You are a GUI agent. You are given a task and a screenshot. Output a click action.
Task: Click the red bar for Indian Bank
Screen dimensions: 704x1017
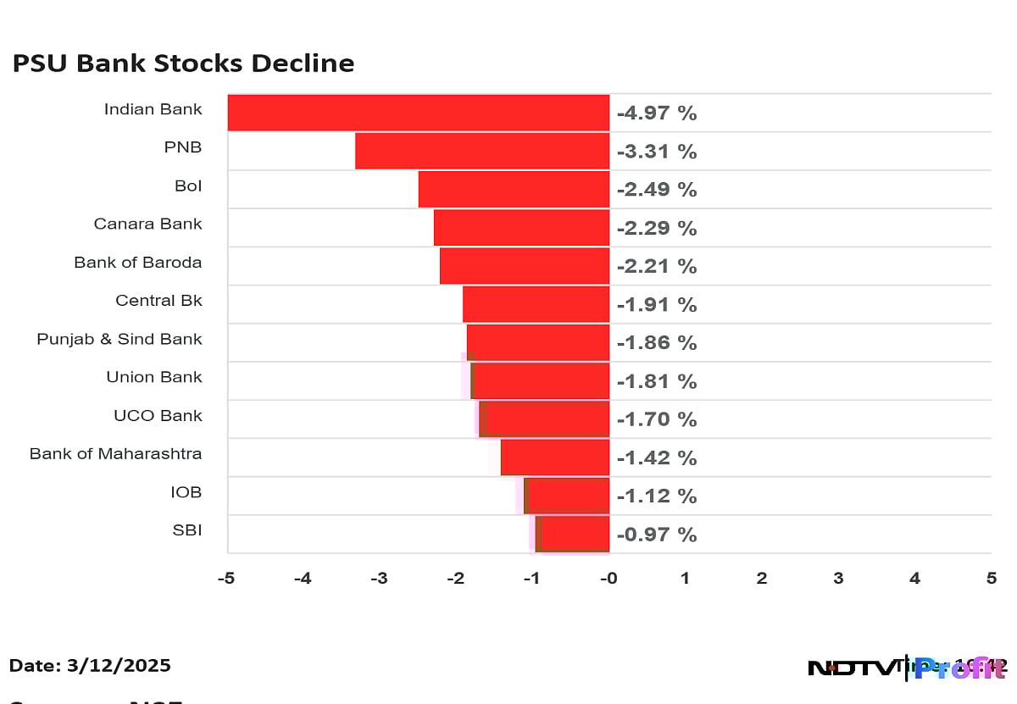[419, 113]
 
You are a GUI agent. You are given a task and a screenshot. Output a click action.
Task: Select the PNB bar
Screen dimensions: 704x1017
[482, 151]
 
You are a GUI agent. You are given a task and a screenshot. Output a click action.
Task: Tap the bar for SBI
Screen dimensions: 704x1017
[573, 534]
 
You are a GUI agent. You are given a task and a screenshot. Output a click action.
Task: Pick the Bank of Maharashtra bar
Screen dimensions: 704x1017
[555, 457]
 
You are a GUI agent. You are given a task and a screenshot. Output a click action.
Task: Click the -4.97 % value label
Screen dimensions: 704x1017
[656, 114]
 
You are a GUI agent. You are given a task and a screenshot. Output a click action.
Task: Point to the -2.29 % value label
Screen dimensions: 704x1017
[656, 228]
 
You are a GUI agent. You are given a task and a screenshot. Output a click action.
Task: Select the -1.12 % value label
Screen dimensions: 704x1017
[656, 496]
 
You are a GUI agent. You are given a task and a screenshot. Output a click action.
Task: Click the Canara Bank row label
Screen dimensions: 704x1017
[147, 224]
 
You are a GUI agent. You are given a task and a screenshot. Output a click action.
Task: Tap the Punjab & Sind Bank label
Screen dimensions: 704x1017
[119, 339]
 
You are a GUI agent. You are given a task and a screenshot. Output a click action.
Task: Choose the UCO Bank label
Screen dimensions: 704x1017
[158, 415]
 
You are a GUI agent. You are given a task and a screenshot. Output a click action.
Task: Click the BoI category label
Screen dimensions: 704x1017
[188, 186]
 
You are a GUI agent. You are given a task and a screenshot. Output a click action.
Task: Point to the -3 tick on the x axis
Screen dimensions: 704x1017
[379, 579]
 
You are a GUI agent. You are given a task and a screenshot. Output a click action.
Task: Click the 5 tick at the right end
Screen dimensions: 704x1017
[991, 579]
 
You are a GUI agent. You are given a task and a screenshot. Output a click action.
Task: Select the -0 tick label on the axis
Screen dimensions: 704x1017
[609, 579]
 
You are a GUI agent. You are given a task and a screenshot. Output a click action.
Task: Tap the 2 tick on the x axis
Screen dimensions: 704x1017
[762, 579]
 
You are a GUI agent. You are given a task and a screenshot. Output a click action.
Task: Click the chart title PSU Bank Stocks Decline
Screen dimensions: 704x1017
[183, 64]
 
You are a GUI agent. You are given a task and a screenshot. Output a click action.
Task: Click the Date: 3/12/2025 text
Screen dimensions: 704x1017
[91, 666]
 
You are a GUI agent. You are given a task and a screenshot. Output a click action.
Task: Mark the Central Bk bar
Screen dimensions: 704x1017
[536, 304]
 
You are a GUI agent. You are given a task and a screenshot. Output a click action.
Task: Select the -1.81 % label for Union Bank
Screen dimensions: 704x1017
[656, 381]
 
